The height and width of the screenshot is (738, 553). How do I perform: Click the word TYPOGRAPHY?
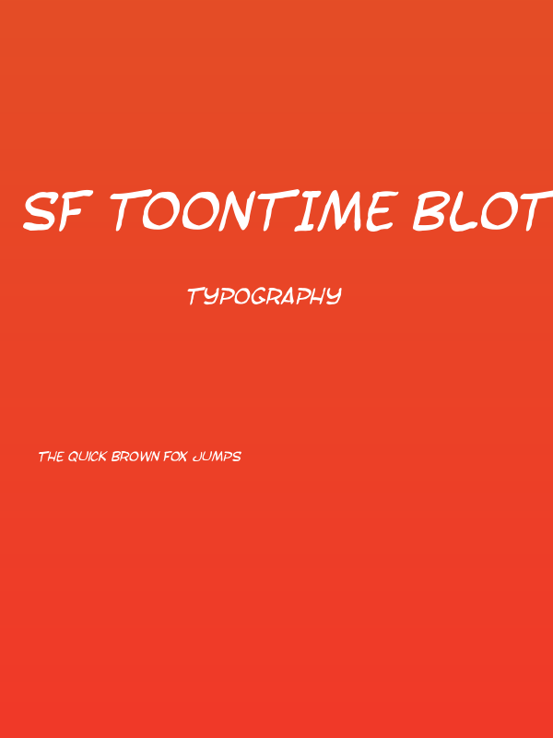(265, 296)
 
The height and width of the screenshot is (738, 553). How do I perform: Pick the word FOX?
(176, 457)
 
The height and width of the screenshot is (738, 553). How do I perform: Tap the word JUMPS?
(218, 457)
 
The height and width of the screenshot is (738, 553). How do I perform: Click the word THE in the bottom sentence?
(50, 457)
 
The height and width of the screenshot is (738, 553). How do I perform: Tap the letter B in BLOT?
(430, 211)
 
